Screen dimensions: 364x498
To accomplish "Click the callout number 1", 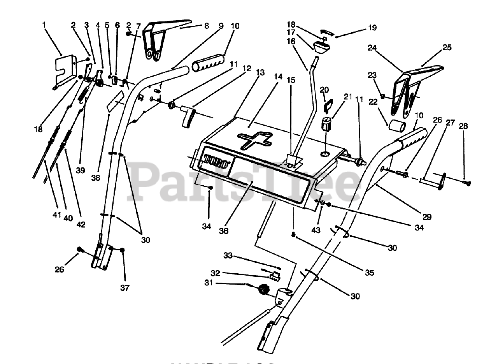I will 44,25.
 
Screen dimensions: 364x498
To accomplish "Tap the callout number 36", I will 223,231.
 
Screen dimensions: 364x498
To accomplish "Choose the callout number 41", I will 57,215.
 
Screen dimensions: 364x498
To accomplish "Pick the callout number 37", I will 125,288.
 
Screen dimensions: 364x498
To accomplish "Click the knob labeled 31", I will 264,289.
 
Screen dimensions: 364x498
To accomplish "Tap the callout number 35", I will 369,273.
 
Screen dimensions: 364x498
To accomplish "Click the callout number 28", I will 463,127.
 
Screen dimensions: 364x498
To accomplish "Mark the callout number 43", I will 316,230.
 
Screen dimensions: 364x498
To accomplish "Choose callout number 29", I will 427,217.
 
